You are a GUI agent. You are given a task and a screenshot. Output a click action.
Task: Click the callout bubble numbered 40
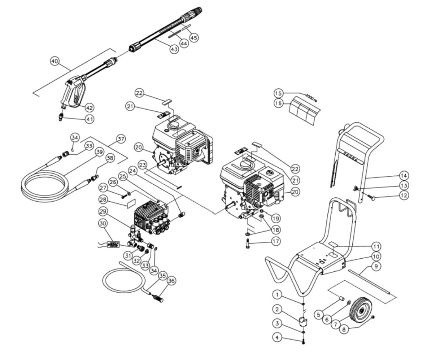[55, 61]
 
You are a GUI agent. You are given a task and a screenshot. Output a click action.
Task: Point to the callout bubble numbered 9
[376, 267]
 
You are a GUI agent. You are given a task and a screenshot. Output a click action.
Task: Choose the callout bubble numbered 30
[102, 224]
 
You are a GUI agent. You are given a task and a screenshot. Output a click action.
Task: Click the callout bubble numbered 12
[404, 195]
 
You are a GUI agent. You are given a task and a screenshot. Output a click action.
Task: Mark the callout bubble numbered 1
[277, 295]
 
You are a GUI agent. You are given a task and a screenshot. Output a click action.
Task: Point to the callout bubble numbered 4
[277, 337]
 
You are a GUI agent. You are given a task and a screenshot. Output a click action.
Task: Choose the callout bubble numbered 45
[194, 38]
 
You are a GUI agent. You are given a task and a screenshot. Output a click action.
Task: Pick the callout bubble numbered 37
[120, 139]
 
